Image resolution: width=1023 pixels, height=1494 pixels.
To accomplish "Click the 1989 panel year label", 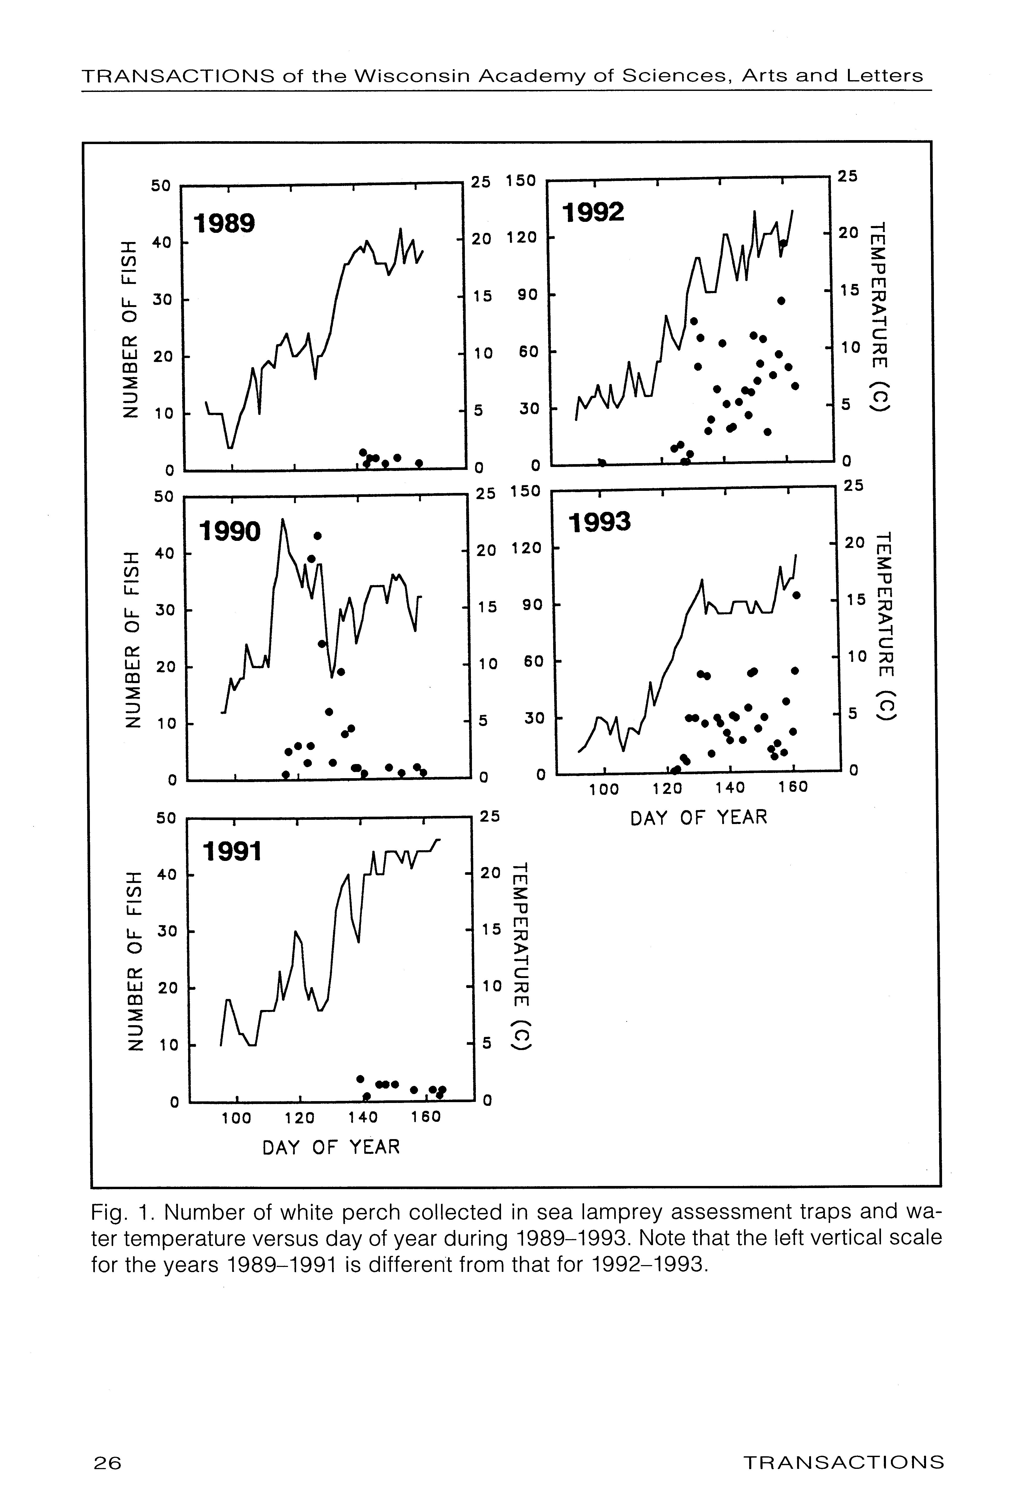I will [224, 224].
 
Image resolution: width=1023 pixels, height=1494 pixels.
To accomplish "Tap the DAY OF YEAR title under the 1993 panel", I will [699, 818].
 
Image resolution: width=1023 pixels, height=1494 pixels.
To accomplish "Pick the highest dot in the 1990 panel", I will [317, 536].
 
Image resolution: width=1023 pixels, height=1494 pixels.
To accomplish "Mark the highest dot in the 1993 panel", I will [797, 595].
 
